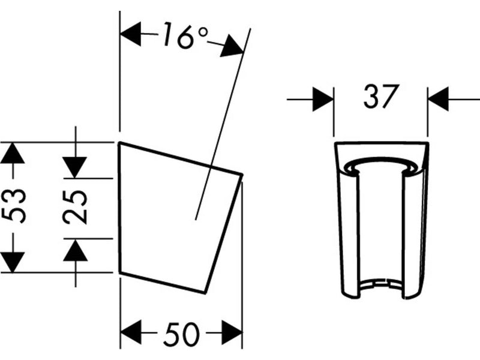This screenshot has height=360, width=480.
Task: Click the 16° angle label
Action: pyautogui.click(x=185, y=36)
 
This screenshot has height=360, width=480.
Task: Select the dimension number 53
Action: pyautogui.click(x=14, y=206)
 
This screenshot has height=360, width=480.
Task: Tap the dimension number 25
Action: pyautogui.click(x=76, y=207)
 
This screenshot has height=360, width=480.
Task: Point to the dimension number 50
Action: pyautogui.click(x=182, y=334)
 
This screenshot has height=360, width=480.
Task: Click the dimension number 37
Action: pyautogui.click(x=382, y=97)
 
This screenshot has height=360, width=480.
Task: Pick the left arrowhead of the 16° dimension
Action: pyautogui.click(x=131, y=34)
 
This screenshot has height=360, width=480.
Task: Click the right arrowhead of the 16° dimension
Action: pyautogui.click(x=232, y=46)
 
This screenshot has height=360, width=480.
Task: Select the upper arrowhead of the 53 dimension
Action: pyautogui.click(x=12, y=153)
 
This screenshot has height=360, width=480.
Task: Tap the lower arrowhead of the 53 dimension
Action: pyautogui.click(x=12, y=262)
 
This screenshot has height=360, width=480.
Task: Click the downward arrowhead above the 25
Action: pyautogui.click(x=75, y=167)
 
